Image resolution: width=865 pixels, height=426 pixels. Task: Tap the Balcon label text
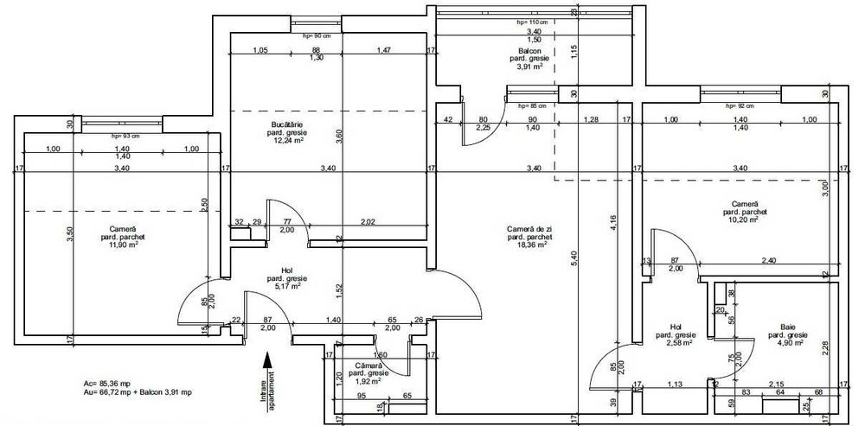tap(529, 51)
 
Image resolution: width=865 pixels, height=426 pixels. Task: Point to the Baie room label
tap(786, 327)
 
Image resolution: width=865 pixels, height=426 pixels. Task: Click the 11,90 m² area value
tap(119, 245)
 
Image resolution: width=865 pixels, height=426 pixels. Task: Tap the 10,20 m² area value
tap(741, 219)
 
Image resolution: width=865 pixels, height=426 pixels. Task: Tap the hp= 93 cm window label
tap(126, 137)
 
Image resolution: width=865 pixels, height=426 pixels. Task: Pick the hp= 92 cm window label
tap(740, 105)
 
